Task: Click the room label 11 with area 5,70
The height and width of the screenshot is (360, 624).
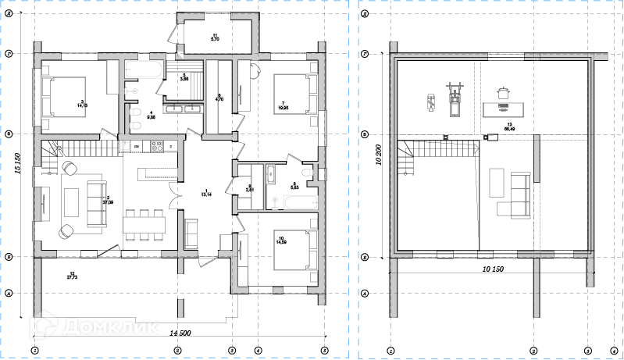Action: click(x=213, y=36)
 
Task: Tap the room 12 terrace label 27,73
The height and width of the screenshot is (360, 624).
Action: click(x=72, y=275)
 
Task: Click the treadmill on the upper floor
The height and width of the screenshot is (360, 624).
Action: click(x=452, y=98)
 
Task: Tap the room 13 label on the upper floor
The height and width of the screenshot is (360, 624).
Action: click(x=509, y=127)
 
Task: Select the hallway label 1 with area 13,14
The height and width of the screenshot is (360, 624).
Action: click(x=206, y=193)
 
